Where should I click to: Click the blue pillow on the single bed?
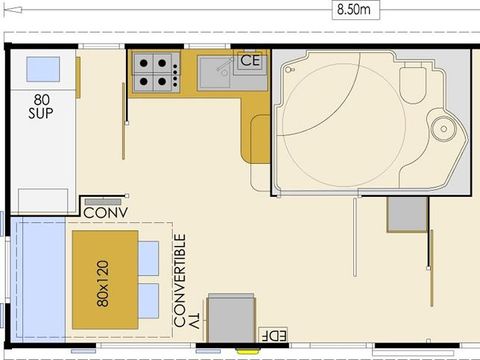pos(42,68)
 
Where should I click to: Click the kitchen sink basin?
pos(216,72)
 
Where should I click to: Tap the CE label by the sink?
pos(250,61)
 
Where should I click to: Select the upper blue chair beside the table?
pos(148,258)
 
